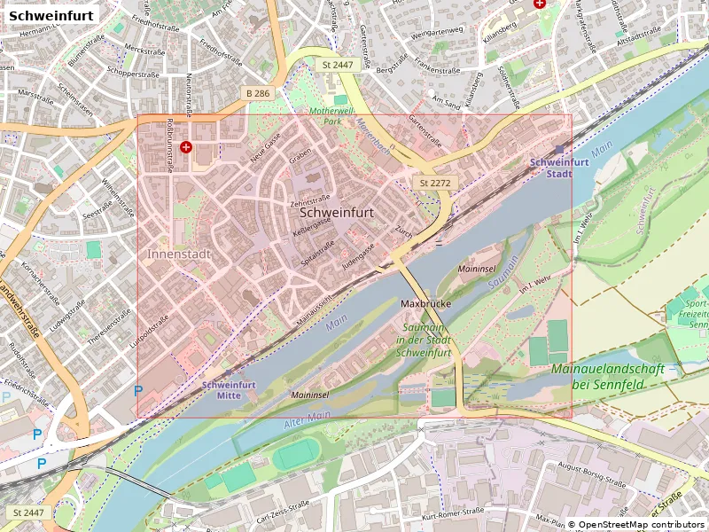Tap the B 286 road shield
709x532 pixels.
pyautogui.click(x=258, y=93)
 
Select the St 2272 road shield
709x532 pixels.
pyautogui.click(x=435, y=183)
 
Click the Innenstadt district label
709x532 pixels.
pyautogui.click(x=178, y=254)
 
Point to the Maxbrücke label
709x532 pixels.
pyautogui.click(x=426, y=303)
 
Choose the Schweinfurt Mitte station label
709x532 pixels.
pyautogui.click(x=230, y=390)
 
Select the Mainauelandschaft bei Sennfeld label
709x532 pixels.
pyautogui.click(x=612, y=376)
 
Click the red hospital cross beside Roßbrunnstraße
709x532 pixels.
pyautogui.click(x=185, y=147)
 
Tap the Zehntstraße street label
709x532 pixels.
pyautogui.click(x=309, y=200)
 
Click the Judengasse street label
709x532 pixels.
pyautogui.click(x=359, y=256)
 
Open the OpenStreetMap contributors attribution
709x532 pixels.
pyautogui.click(x=635, y=524)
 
